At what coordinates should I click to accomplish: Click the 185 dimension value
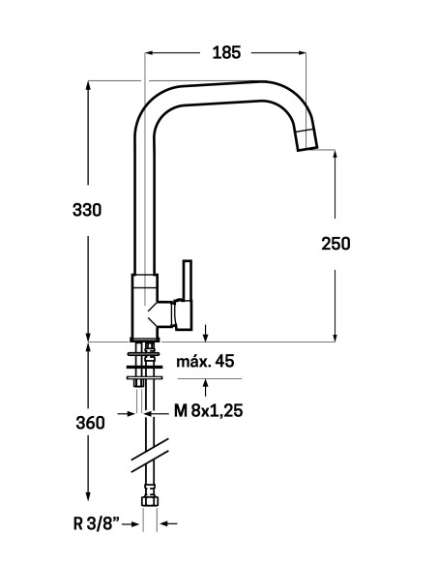pyautogui.click(x=226, y=52)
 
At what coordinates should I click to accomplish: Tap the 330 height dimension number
pyautogui.click(x=87, y=210)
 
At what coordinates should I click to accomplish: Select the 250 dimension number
pyautogui.click(x=335, y=244)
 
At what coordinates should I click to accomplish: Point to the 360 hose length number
pyautogui.click(x=90, y=423)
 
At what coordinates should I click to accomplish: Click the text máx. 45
pyautogui.click(x=205, y=361)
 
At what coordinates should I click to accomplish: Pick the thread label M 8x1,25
pyautogui.click(x=209, y=410)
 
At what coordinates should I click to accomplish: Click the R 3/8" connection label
pyautogui.click(x=96, y=523)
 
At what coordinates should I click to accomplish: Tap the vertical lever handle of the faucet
pyautogui.click(x=188, y=281)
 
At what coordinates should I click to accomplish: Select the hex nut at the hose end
pyautogui.click(x=150, y=501)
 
